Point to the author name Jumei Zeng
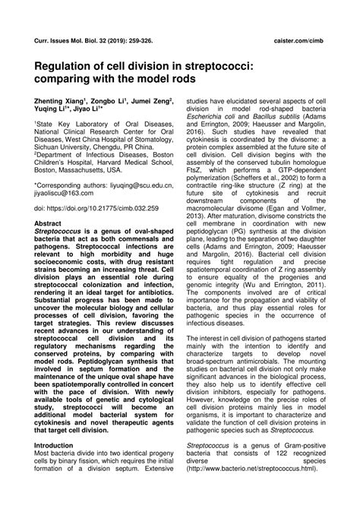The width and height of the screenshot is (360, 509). click(150, 100)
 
